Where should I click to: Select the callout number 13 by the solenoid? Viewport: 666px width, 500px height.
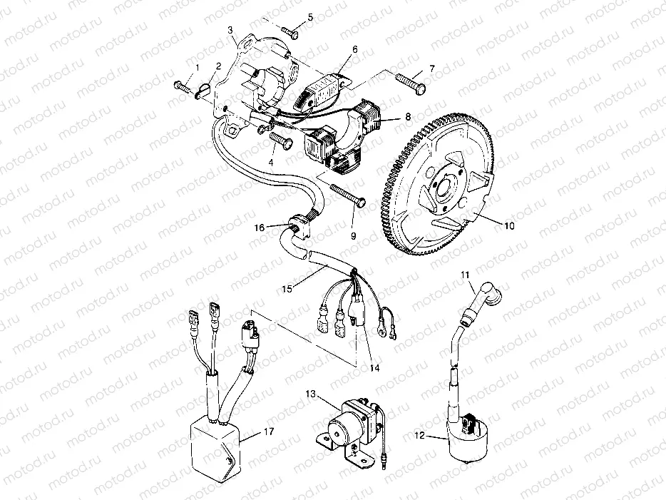pyautogui.click(x=311, y=394)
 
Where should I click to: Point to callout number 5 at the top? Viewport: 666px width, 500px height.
pyautogui.click(x=310, y=16)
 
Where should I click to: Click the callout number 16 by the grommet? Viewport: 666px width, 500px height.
pyautogui.click(x=261, y=227)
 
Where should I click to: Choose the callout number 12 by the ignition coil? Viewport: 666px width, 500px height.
pyautogui.click(x=419, y=437)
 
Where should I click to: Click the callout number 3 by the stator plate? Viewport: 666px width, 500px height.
pyautogui.click(x=231, y=30)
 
